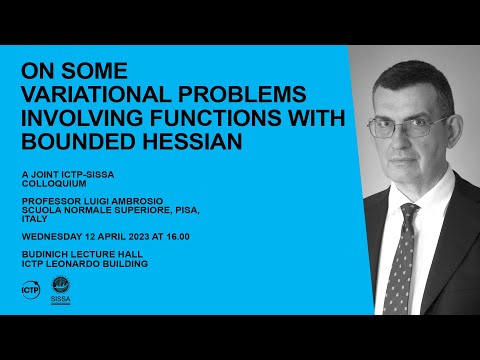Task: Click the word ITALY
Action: pyautogui.click(x=34, y=218)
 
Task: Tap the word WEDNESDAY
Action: pyautogui.click(x=48, y=236)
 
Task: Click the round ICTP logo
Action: pyautogui.click(x=30, y=290)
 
